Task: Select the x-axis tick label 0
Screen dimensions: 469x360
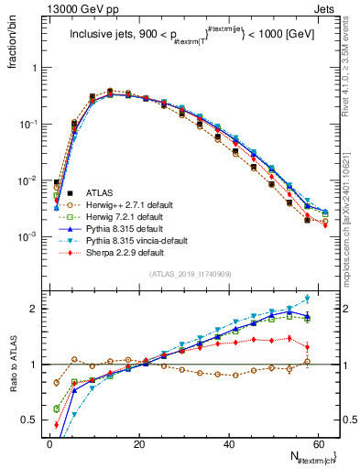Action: [x=49, y=443]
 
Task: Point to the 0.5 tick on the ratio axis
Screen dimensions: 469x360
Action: [x=32, y=420]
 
